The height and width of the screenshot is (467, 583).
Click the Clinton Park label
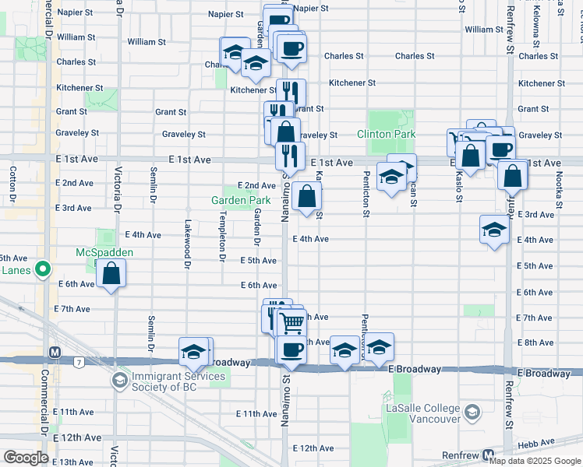click(386, 135)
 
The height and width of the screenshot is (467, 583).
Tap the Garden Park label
click(242, 201)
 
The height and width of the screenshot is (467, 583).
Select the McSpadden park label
click(104, 253)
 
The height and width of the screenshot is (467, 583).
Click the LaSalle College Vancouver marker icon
click(471, 411)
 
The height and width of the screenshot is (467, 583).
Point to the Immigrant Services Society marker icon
click(118, 381)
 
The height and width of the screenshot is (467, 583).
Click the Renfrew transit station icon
click(489, 455)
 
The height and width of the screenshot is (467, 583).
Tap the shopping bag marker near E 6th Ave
click(112, 273)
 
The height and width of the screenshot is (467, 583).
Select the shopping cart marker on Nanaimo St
click(291, 321)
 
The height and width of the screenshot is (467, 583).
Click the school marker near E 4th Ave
click(493, 230)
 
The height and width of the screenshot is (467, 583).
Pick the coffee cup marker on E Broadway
click(291, 350)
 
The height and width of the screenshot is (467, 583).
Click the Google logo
click(26, 458)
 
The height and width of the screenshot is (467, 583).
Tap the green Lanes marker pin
click(43, 270)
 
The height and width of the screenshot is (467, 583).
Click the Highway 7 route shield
click(79, 362)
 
